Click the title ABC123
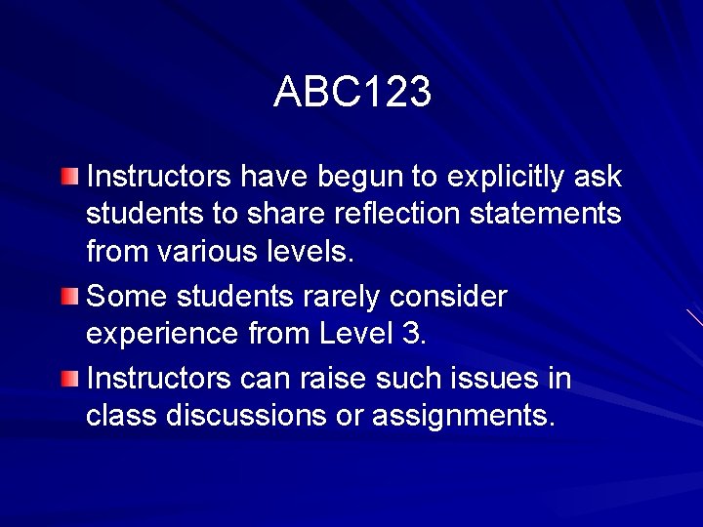(351, 93)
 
